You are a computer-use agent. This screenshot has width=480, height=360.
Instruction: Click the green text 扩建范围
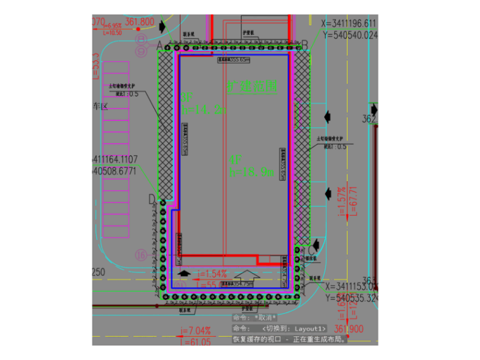(x=251, y=87)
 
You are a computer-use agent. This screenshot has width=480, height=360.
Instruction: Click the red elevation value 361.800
(x=140, y=22)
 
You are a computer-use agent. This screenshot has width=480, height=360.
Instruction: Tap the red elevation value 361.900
(x=349, y=329)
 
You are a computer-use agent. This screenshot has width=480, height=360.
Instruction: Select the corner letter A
(x=159, y=45)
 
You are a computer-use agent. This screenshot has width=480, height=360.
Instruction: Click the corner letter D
(x=152, y=199)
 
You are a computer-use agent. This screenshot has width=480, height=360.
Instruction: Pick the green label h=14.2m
(x=203, y=109)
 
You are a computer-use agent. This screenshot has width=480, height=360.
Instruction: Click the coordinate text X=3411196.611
(x=349, y=23)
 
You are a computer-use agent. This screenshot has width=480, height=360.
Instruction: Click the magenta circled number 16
(x=140, y=255)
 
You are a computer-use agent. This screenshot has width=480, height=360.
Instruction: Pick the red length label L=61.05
(x=196, y=342)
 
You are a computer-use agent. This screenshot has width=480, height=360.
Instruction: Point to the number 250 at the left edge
(x=99, y=273)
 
